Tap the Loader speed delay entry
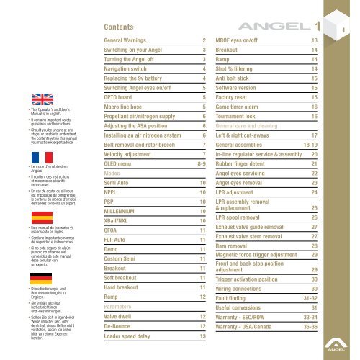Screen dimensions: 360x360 click(134, 336)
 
